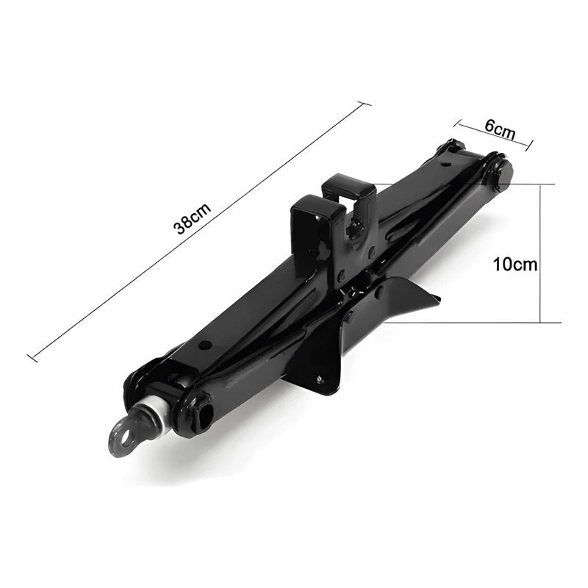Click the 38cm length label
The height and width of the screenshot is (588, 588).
[x=192, y=218]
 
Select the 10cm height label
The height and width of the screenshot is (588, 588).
[x=514, y=265]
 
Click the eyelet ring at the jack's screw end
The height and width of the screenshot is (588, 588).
[x=122, y=437]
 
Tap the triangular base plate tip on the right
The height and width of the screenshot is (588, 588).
[x=439, y=298]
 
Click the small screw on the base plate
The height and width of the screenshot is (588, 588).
[x=320, y=379]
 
